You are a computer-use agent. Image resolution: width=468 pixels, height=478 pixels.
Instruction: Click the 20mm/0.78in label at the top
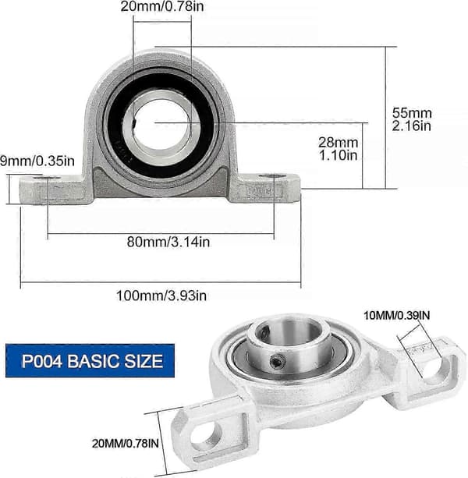162,6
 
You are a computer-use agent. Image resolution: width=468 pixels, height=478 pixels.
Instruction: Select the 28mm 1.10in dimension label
338,149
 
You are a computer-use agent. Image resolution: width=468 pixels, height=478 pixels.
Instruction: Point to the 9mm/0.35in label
37,161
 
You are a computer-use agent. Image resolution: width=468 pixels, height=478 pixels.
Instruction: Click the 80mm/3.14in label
168,242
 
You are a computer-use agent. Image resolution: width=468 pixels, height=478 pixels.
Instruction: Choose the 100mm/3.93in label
161,296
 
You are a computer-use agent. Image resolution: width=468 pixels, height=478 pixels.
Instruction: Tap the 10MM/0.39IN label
397,316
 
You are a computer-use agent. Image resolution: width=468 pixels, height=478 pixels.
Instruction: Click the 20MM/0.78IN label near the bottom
126,444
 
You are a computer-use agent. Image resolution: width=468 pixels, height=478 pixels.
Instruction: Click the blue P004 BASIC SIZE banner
90,361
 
